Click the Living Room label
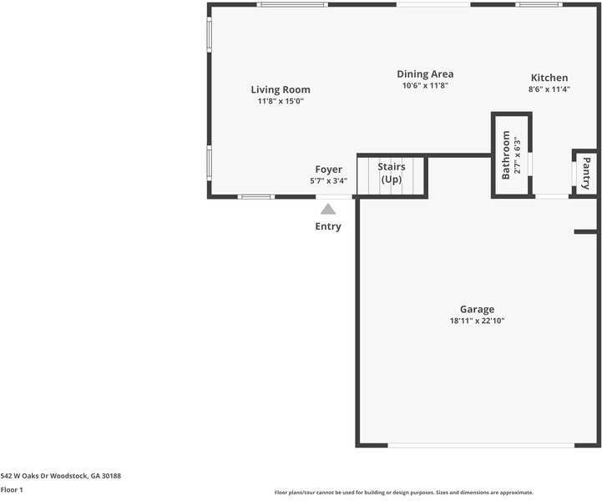coord(281,89)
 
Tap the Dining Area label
coord(425,74)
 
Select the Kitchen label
coord(549,78)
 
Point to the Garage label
coord(477,309)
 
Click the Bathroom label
coord(505,155)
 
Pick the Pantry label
coord(586,173)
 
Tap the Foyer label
coord(328,170)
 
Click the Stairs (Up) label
coord(392,173)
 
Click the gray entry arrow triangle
coord(328,210)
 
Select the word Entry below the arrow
coord(328,226)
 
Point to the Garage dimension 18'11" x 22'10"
coord(477,321)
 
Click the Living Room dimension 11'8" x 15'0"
coord(281,101)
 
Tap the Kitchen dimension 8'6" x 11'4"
coord(549,89)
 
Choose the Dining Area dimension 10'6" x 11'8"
coord(425,85)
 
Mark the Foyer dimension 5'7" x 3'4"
coord(328,180)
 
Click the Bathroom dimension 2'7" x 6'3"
coord(517,155)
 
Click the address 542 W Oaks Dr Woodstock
coord(61,475)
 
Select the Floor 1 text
coord(12,489)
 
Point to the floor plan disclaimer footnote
coord(403,493)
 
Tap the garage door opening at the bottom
coord(481,444)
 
